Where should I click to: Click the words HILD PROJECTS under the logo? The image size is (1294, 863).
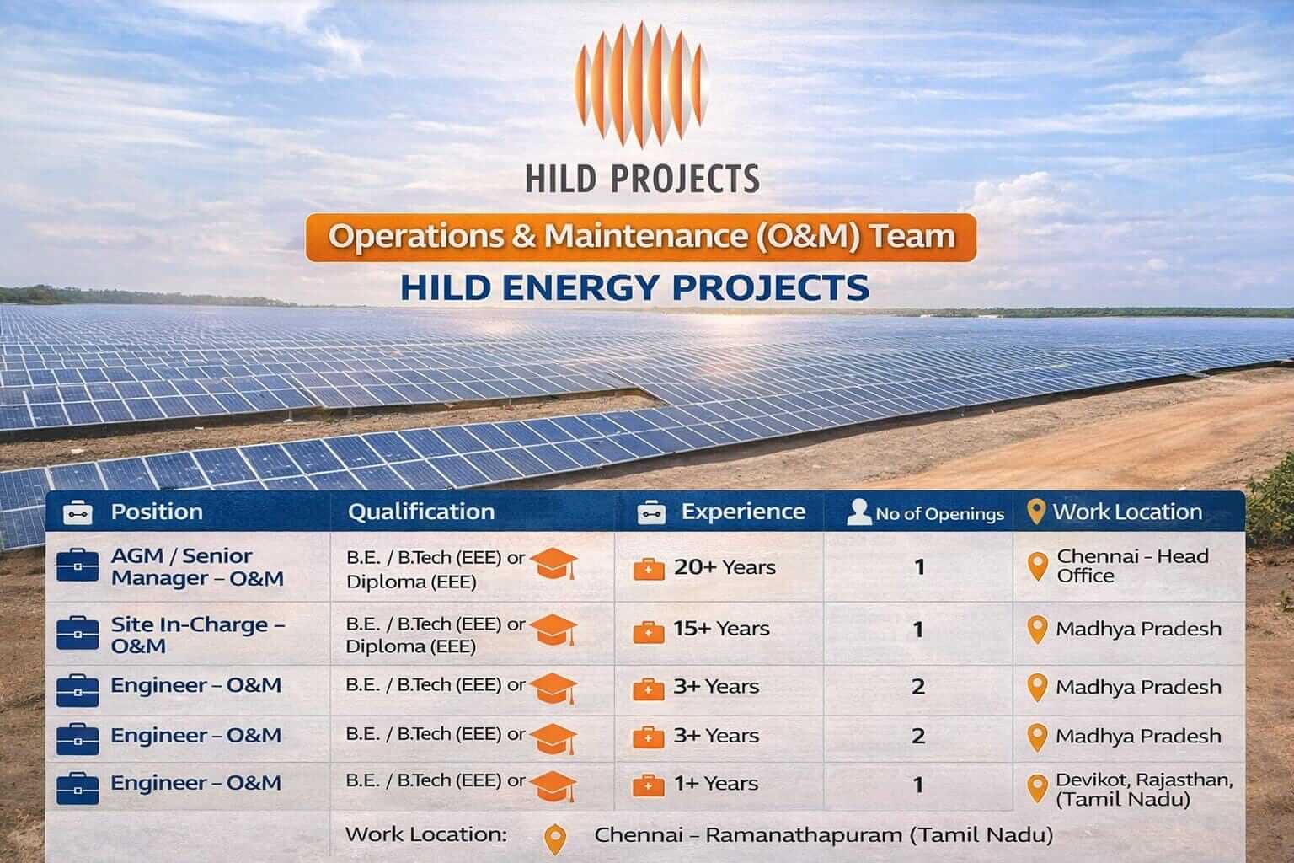click(642, 178)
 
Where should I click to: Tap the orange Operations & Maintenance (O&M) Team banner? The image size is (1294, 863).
click(641, 236)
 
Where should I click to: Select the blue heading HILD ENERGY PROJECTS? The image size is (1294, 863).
click(634, 287)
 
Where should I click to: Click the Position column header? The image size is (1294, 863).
click(157, 512)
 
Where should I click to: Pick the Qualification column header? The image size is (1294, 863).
click(421, 512)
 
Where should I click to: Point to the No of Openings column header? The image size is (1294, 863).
click(939, 513)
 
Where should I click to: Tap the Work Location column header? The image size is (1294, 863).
click(1127, 512)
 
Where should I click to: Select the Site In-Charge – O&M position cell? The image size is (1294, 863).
click(197, 635)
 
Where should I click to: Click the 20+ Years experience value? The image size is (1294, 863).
click(724, 567)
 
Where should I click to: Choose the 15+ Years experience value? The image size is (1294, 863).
click(720, 629)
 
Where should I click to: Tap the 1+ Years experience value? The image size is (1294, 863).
click(715, 784)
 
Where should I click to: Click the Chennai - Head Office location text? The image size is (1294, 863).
click(1132, 566)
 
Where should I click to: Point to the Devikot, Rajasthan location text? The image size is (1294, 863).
click(1143, 790)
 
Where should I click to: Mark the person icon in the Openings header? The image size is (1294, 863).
click(858, 512)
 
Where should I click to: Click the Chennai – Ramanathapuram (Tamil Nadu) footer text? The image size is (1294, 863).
click(823, 835)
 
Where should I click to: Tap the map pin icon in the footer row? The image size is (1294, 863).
click(555, 839)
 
